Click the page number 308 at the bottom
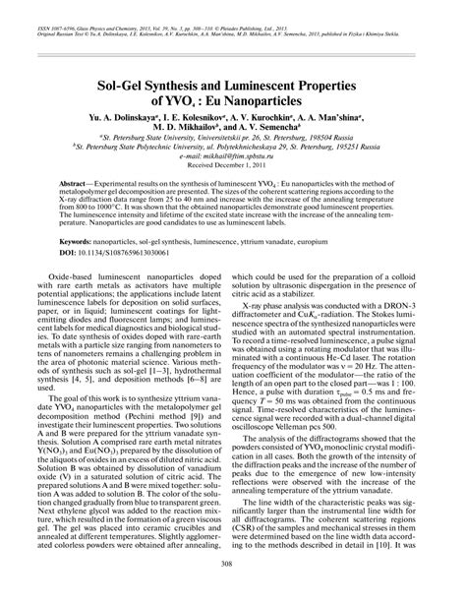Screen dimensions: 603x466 click(x=233, y=591)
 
